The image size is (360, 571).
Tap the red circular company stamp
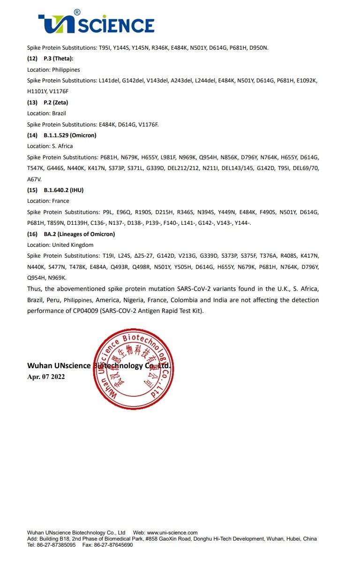tap(134, 369)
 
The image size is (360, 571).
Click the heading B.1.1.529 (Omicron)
tap(70, 135)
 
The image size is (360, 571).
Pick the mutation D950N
tap(258, 48)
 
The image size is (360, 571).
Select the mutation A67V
tap(34, 179)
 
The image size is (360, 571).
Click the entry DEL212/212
tap(206, 168)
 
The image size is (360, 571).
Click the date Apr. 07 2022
tap(46, 377)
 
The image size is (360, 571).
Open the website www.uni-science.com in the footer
tap(172, 533)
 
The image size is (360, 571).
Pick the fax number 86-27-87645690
tap(114, 545)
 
